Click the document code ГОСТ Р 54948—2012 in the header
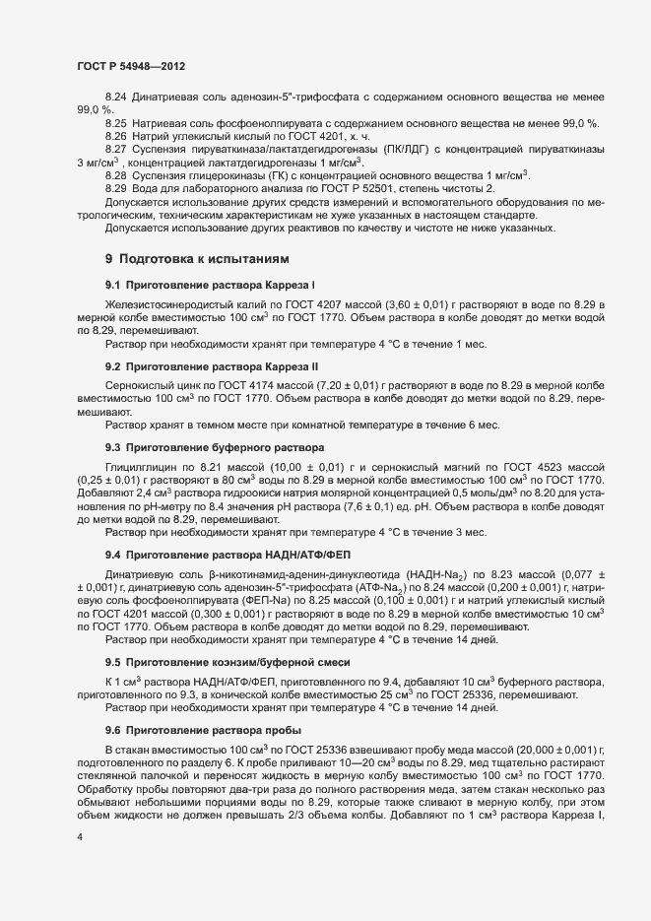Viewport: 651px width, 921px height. coord(131,66)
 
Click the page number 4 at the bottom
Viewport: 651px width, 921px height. coord(80,835)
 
